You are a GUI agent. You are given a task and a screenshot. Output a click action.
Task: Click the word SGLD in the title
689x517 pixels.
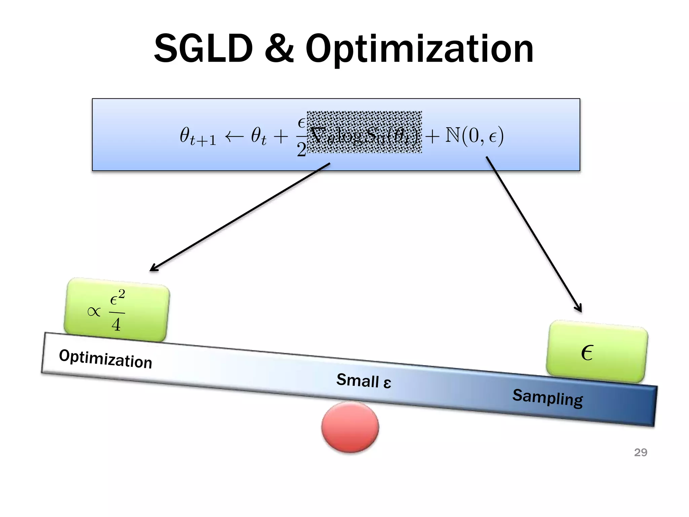tap(203, 49)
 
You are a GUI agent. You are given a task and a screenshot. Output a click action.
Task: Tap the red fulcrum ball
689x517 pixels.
tap(350, 427)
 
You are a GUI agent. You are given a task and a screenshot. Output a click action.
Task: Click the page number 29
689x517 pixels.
tap(641, 452)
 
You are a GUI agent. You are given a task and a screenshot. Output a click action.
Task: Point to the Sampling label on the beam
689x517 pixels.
tap(547, 398)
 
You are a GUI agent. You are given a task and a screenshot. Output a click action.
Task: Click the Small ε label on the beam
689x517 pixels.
tap(364, 381)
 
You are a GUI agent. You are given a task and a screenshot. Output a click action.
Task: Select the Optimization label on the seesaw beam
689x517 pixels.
tap(106, 359)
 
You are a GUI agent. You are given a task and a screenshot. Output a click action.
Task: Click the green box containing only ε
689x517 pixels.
tap(597, 352)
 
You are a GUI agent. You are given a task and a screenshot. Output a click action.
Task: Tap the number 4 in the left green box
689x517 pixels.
tap(116, 325)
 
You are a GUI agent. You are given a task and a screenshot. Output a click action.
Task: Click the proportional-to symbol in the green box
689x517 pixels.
tap(94, 312)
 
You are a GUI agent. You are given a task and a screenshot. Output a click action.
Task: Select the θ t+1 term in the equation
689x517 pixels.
tap(197, 136)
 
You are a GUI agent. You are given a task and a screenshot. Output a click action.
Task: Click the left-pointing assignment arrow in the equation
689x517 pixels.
tap(234, 136)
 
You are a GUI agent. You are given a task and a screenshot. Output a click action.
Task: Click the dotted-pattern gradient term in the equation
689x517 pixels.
tap(364, 132)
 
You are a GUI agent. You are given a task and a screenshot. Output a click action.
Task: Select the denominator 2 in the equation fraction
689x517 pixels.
tap(301, 149)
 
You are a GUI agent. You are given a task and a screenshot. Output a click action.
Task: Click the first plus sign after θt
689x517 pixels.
tap(281, 136)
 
